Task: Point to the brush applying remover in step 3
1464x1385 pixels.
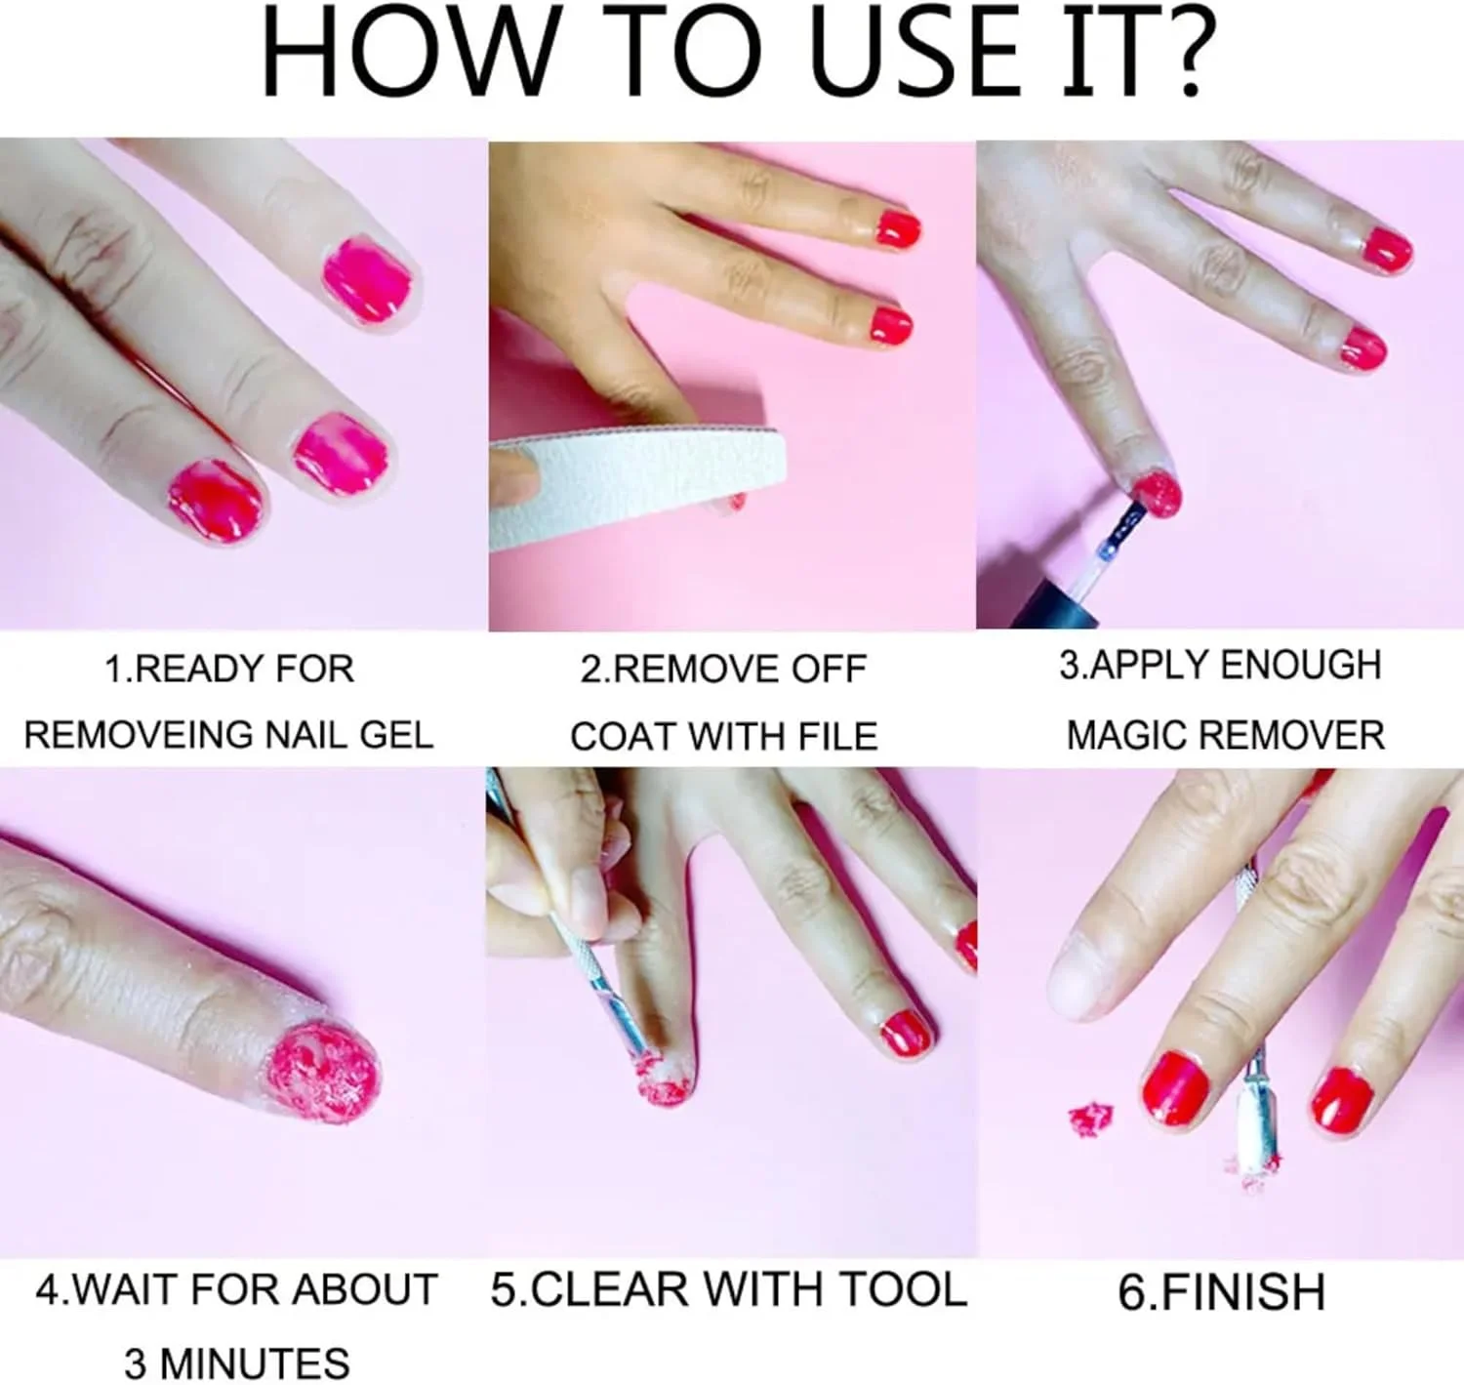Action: tap(1120, 536)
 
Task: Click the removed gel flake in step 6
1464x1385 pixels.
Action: tap(1089, 1119)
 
